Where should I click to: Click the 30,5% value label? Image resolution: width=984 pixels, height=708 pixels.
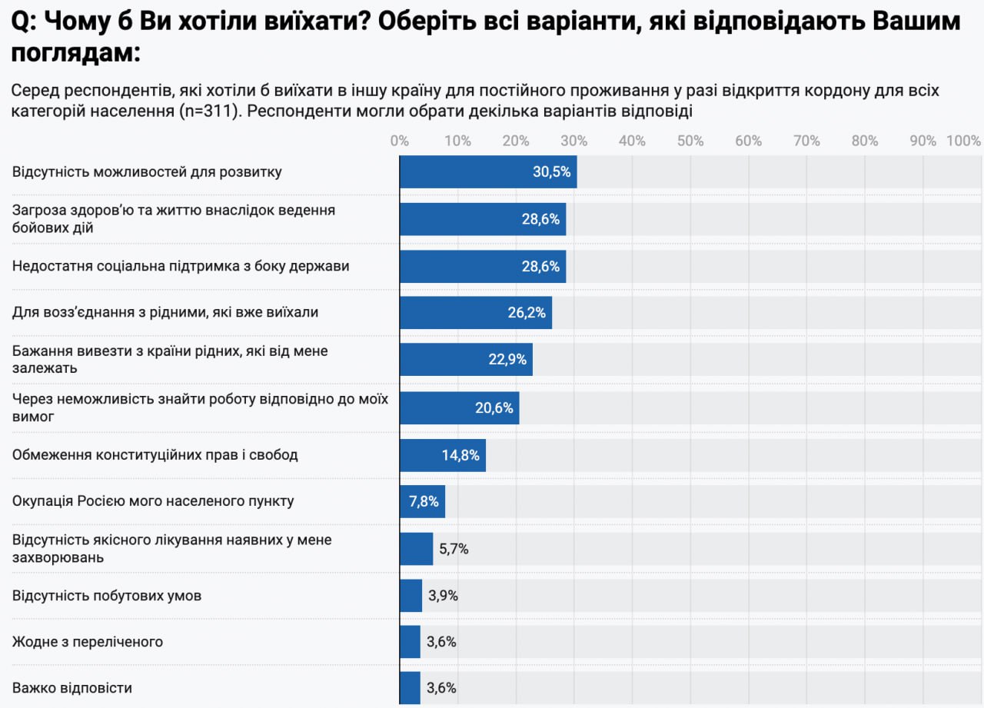click(x=551, y=172)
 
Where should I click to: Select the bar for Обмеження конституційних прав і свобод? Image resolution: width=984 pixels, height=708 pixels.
click(x=443, y=455)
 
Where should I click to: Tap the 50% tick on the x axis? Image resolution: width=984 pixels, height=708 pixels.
click(x=690, y=141)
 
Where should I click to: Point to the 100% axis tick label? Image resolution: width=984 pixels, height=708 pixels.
click(x=964, y=141)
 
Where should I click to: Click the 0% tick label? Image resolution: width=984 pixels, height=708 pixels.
click(x=400, y=141)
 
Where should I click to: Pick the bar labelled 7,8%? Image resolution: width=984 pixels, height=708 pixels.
click(x=422, y=502)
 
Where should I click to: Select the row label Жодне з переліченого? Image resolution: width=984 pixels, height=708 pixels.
click(x=88, y=642)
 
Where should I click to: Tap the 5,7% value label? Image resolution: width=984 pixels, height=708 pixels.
click(x=454, y=549)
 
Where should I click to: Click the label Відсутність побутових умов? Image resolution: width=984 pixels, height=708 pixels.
click(x=107, y=596)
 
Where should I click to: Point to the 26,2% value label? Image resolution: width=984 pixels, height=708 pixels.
click(x=527, y=312)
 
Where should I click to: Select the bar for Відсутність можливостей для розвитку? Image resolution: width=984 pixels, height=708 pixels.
click(x=488, y=172)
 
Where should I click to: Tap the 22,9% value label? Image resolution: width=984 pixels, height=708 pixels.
click(x=507, y=359)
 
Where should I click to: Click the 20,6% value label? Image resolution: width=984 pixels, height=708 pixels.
click(x=494, y=407)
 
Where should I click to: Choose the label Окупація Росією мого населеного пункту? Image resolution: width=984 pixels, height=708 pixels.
click(x=153, y=501)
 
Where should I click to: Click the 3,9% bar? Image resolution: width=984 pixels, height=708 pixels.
click(x=411, y=596)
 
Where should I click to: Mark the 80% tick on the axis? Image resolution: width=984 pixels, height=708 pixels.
click(x=865, y=141)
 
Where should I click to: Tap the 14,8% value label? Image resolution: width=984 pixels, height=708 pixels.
click(x=460, y=455)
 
